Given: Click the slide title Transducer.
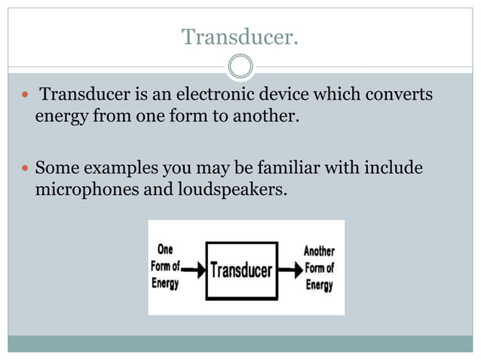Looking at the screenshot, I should tap(240, 35).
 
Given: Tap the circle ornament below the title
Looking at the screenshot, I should tap(240, 67).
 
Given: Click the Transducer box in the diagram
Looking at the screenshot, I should tap(240, 267).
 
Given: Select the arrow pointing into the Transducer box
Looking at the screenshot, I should tap(193, 267).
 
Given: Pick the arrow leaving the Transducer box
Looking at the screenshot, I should tap(290, 267).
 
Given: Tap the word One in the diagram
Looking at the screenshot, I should tap(164, 249).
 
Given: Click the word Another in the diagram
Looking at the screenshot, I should tap(319, 251).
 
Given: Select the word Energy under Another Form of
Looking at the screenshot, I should tap(319, 285).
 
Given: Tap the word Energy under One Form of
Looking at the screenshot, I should tap(165, 283).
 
